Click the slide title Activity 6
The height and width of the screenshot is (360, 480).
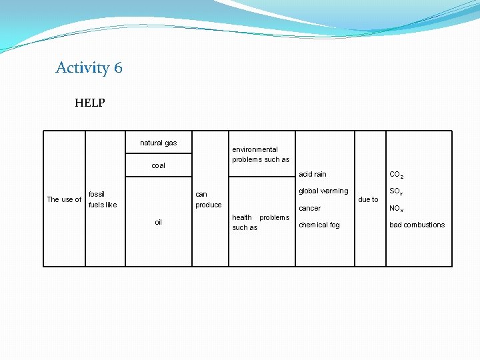click(x=89, y=68)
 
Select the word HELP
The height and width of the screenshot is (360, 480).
click(x=89, y=103)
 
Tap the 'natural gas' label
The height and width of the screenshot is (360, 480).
click(x=158, y=143)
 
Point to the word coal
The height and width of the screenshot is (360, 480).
click(x=158, y=165)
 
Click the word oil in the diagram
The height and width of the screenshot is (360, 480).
click(x=158, y=222)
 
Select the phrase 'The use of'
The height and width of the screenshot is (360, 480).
click(x=64, y=199)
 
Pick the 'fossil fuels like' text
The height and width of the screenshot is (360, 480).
click(x=102, y=199)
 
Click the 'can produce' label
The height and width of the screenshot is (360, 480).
click(x=208, y=199)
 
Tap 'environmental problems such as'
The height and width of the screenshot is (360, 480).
click(x=260, y=155)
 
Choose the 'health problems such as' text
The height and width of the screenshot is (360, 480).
click(x=260, y=223)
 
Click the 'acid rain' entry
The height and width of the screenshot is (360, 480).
click(x=312, y=174)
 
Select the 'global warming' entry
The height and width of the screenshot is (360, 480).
click(x=323, y=191)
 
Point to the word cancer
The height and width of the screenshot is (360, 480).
click(x=309, y=208)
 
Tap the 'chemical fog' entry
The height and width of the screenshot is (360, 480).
click(x=319, y=225)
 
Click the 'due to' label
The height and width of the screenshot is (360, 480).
click(x=368, y=199)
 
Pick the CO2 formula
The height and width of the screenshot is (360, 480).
click(x=396, y=175)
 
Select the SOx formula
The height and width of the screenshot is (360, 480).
click(x=396, y=192)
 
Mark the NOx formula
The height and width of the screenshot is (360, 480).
click(x=396, y=209)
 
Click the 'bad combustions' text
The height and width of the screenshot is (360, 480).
click(x=417, y=225)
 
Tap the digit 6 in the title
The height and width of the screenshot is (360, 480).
click(x=118, y=68)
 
